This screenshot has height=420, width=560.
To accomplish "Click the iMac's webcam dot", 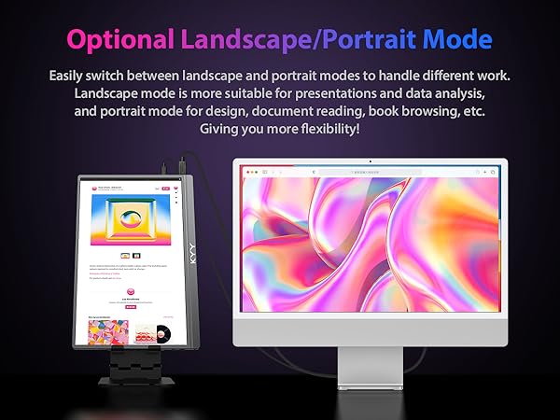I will point(370,162).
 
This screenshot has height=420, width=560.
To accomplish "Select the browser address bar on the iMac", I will point(370,173).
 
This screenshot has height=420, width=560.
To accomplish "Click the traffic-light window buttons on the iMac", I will point(248,173).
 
